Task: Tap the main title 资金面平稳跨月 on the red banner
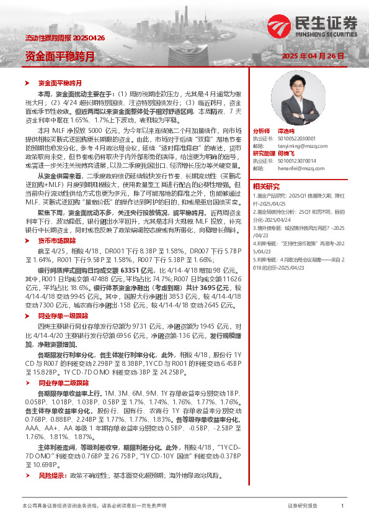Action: tap(60, 56)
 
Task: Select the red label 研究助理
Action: tap(264, 153)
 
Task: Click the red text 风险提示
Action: tap(52, 476)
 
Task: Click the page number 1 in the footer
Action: tap(342, 506)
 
